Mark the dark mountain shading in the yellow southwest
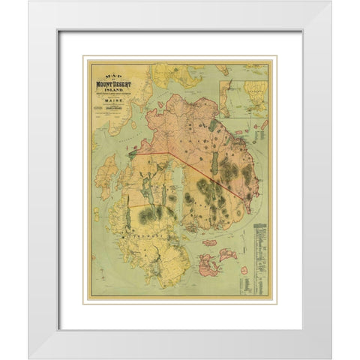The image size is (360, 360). tap(150, 214)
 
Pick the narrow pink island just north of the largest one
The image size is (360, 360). tap(211, 242)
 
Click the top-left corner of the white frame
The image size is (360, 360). tap(29, 2)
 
